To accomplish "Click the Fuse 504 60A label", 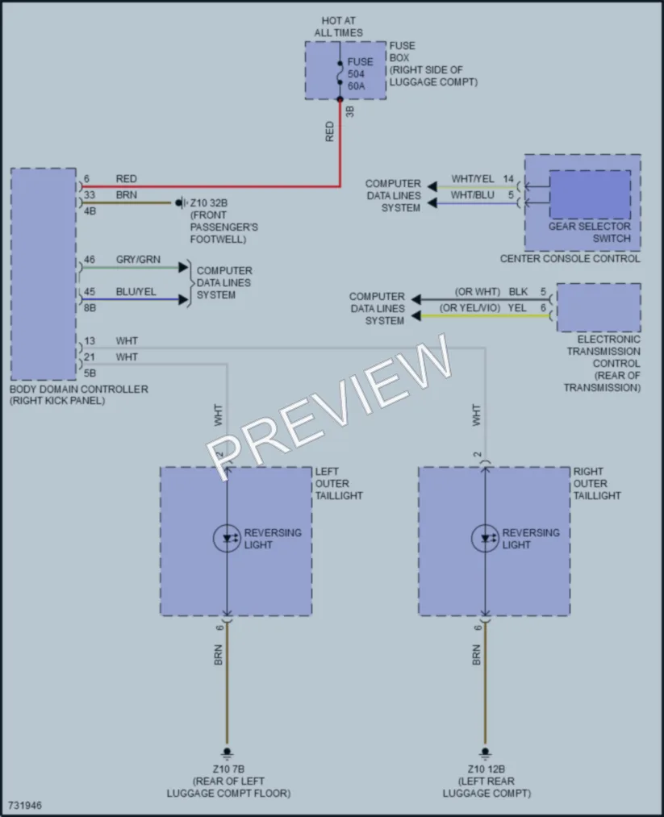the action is [x=360, y=73].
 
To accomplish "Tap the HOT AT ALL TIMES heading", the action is [x=338, y=27].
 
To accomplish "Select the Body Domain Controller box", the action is [x=44, y=274].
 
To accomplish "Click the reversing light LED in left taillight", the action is [x=228, y=538].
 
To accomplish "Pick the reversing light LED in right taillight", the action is [x=485, y=538].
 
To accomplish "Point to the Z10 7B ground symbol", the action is [x=227, y=753].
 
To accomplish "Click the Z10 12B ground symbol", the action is [x=485, y=753].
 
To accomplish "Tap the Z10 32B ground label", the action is [x=208, y=203].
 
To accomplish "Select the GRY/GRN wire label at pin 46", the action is [x=138, y=260].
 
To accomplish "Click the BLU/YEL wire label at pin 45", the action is [x=136, y=292].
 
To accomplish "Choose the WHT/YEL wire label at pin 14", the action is [x=473, y=179].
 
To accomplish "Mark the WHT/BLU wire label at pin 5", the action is [x=472, y=195].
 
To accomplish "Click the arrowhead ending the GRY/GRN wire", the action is [x=183, y=267].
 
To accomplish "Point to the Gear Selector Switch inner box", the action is [x=590, y=194].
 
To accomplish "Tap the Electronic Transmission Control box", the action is [x=599, y=307].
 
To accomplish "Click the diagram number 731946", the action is [x=25, y=806].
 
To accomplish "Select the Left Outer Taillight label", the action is [x=339, y=484].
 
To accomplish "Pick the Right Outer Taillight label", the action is [x=597, y=484].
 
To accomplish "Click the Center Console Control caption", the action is [x=570, y=258].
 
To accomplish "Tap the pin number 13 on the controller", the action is [x=90, y=341].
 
